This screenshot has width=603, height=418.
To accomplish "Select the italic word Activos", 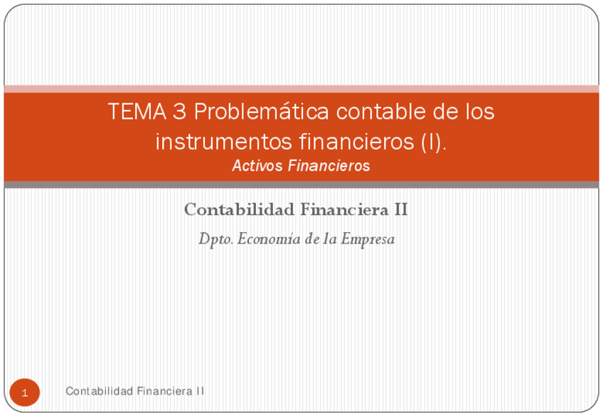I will click(257, 166).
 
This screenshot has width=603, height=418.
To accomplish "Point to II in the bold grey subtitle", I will click(401, 210).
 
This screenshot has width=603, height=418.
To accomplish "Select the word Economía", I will click(267, 239).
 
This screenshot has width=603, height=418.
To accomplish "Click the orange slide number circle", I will click(25, 393).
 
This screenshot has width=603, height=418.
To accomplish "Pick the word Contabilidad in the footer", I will click(98, 391).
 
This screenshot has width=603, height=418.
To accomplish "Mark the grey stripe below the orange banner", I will click(301, 185).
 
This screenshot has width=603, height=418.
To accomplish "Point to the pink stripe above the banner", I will click(301, 89).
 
